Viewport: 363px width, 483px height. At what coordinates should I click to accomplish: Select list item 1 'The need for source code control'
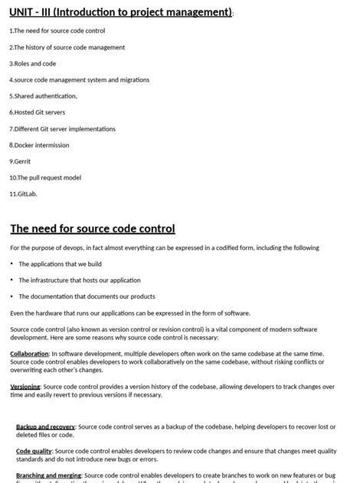tap(57, 31)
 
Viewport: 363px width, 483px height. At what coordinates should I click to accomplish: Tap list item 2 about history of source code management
tap(67, 47)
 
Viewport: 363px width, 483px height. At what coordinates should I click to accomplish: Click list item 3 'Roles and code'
tap(33, 63)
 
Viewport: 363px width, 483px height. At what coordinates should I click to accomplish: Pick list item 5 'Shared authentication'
tap(44, 96)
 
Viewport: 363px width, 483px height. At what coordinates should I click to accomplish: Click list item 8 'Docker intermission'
tap(39, 144)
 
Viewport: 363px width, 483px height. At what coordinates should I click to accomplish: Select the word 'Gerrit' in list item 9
tap(22, 161)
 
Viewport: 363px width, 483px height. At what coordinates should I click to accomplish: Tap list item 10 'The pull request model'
tap(45, 177)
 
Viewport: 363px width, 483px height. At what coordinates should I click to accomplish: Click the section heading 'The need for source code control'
tap(93, 229)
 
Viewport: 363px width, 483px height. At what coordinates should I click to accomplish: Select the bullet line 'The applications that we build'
tap(60, 264)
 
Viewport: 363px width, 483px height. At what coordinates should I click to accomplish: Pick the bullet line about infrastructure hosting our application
tap(80, 280)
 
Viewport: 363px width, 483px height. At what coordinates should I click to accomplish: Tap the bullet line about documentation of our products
tap(87, 296)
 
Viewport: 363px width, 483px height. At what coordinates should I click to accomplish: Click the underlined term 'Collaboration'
tap(29, 354)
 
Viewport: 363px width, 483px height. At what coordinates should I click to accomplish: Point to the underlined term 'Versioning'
tap(25, 387)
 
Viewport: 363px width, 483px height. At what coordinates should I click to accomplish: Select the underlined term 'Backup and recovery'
tap(45, 426)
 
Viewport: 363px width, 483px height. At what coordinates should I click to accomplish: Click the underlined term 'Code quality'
tap(34, 452)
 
